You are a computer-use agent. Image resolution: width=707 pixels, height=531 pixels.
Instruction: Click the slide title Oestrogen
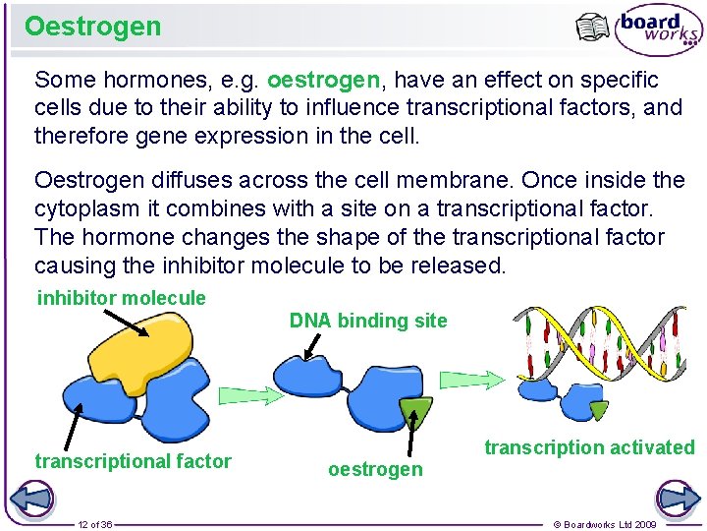(x=92, y=27)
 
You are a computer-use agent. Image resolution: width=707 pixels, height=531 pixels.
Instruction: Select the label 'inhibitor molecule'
(x=122, y=298)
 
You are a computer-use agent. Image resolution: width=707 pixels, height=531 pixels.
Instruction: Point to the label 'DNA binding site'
(x=367, y=321)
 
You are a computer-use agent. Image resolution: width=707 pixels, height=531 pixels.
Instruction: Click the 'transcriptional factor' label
(x=133, y=461)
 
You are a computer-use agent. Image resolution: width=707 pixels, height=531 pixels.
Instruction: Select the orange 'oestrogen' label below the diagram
(x=375, y=470)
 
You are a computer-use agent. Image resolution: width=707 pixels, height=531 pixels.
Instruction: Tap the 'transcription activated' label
(x=588, y=447)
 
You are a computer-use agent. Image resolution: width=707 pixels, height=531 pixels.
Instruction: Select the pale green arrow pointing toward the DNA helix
(x=478, y=380)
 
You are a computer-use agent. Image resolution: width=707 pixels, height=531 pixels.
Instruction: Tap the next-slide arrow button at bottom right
(x=679, y=498)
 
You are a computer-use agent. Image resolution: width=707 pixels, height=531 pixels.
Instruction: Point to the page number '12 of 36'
(x=95, y=524)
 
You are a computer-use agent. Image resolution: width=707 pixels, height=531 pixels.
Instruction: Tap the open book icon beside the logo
(x=592, y=28)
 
